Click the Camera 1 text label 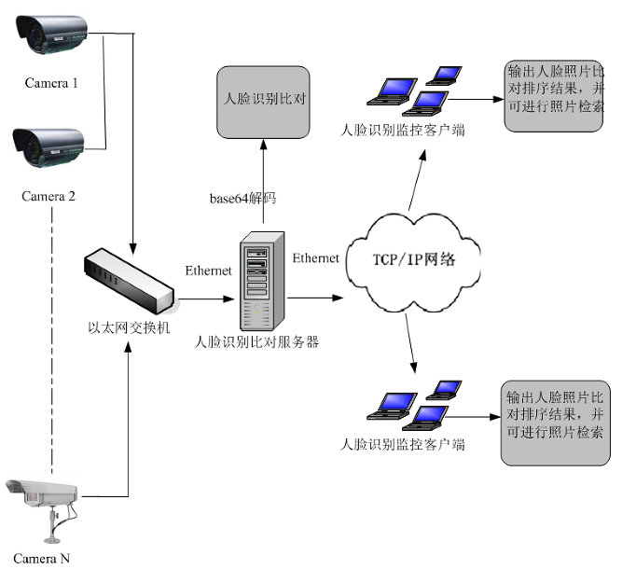coord(50,83)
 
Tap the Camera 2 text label coord(48,196)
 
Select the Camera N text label coord(41,559)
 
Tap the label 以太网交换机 coord(129,327)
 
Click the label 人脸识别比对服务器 coord(256,342)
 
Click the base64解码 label coord(242,199)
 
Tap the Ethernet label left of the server coord(209,271)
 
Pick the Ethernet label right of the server coord(316,257)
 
